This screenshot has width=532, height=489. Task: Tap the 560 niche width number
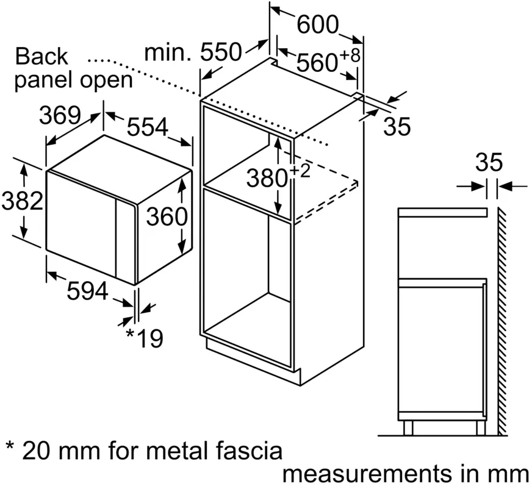click(x=318, y=62)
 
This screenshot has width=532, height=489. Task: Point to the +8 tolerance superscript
click(x=350, y=55)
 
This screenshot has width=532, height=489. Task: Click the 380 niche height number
click(x=267, y=178)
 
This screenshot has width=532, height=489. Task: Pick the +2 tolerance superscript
click(x=300, y=171)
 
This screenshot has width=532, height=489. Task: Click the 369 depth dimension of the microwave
click(x=60, y=115)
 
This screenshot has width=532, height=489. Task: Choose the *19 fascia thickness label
click(x=144, y=337)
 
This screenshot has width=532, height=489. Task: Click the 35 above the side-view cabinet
click(x=489, y=163)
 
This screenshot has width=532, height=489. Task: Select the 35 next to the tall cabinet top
click(x=397, y=127)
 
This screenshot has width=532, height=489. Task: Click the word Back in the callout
click(x=41, y=57)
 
